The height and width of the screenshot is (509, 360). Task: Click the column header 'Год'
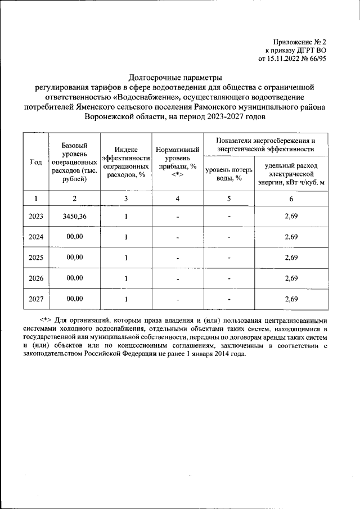(x=35, y=162)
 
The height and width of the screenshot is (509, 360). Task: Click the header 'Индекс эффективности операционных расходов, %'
(x=126, y=162)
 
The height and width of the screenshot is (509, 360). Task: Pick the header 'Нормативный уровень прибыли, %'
(x=178, y=162)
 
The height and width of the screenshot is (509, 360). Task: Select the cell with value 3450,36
(x=74, y=216)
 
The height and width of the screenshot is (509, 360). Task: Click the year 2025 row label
(x=35, y=258)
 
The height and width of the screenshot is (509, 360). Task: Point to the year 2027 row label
(x=35, y=299)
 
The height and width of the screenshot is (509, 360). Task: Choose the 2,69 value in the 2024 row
(x=291, y=237)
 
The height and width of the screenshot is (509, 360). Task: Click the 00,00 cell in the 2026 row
(x=74, y=278)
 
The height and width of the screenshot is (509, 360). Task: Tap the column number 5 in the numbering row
(x=229, y=198)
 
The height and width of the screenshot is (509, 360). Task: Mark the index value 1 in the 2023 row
(x=126, y=217)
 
